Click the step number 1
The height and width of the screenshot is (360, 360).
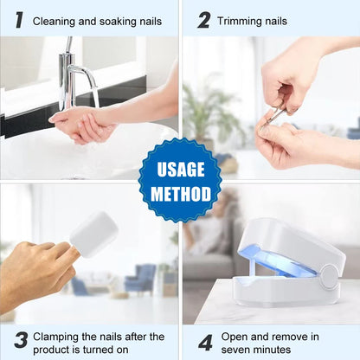18,19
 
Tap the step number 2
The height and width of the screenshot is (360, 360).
203,19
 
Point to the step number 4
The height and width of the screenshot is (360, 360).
204,341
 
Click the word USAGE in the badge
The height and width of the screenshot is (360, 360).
180,169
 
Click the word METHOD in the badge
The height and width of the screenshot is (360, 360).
180,193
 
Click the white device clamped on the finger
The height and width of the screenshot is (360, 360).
93,234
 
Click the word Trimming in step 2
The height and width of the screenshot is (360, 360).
239,20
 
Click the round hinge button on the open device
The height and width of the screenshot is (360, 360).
328,277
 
